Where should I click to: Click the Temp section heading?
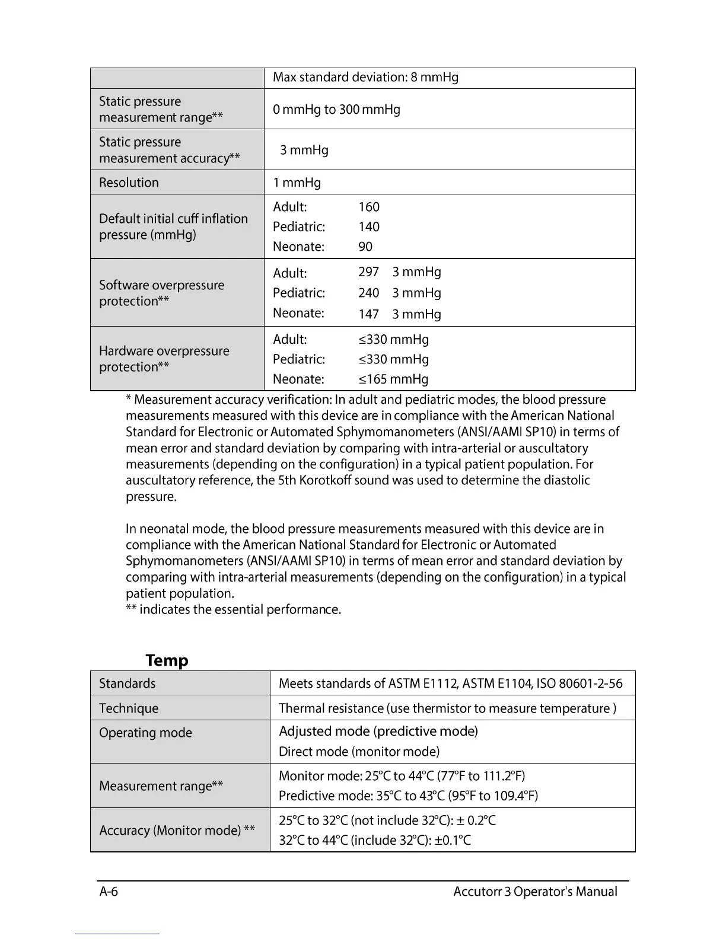click(167, 660)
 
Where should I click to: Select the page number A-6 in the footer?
click(109, 892)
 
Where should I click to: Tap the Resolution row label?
click(129, 183)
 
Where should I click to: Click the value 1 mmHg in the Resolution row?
click(297, 183)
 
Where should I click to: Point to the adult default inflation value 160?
click(369, 207)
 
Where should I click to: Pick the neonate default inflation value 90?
click(365, 247)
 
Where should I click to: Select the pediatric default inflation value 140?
click(369, 227)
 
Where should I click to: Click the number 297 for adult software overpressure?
click(368, 272)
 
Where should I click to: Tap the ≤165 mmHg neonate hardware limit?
click(393, 379)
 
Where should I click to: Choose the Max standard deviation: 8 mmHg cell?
click(365, 78)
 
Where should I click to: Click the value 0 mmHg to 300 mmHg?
click(336, 110)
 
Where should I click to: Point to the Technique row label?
click(129, 708)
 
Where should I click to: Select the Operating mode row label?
click(145, 733)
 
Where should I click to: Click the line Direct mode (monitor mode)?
click(359, 752)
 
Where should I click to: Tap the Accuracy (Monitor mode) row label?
click(177, 831)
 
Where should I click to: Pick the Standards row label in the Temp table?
click(127, 684)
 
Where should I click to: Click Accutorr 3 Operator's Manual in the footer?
click(535, 892)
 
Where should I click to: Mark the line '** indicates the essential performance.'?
click(233, 610)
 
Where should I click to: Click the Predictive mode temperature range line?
click(408, 796)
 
